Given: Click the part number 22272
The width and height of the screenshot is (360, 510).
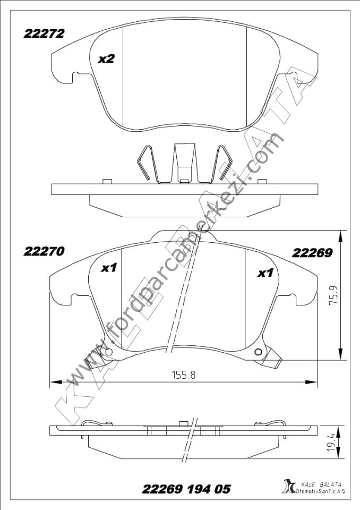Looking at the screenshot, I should pyautogui.click(x=44, y=33).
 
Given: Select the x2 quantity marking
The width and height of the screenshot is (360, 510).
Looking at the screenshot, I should pyautogui.click(x=106, y=59).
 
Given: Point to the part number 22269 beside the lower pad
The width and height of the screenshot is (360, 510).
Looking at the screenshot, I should pyautogui.click(x=312, y=253).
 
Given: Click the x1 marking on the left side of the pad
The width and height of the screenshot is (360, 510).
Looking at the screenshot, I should pyautogui.click(x=109, y=268).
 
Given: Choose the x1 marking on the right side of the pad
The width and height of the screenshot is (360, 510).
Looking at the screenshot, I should pyautogui.click(x=265, y=273).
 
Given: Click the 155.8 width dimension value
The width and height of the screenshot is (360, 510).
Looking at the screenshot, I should pyautogui.click(x=183, y=375).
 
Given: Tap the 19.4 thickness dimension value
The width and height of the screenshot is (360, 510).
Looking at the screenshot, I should pyautogui.click(x=332, y=442).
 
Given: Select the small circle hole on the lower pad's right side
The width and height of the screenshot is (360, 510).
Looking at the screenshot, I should pyautogui.click(x=259, y=352).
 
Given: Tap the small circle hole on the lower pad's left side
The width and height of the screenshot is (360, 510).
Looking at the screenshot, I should pyautogui.click(x=109, y=352).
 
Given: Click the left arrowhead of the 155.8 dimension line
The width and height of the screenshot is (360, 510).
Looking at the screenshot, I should pyautogui.click(x=54, y=381).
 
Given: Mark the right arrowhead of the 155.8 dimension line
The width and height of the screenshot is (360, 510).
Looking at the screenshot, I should pyautogui.click(x=313, y=381).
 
